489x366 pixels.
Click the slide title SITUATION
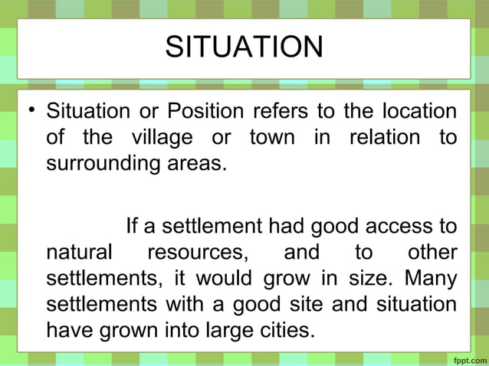coord(244,47)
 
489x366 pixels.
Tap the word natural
coord(79,253)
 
